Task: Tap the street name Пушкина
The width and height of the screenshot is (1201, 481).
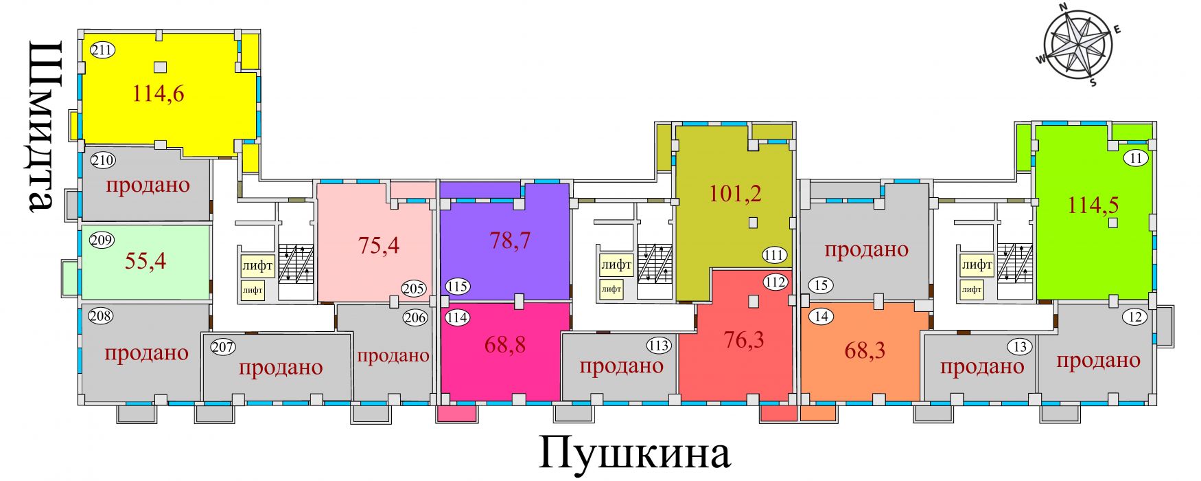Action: click(x=634, y=453)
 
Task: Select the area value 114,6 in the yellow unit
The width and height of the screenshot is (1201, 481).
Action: click(x=158, y=93)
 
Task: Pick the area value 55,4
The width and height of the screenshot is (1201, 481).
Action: click(x=145, y=261)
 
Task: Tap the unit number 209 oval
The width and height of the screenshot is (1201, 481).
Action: click(x=102, y=240)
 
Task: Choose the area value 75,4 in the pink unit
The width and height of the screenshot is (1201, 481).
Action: click(x=379, y=245)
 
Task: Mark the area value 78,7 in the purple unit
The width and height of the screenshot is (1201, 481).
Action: click(x=510, y=240)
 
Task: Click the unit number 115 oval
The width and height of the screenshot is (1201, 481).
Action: click(x=457, y=287)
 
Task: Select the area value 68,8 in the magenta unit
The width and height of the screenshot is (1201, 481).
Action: click(x=505, y=344)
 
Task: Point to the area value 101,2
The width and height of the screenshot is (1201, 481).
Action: click(x=735, y=193)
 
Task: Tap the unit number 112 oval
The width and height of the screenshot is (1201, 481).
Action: click(x=775, y=282)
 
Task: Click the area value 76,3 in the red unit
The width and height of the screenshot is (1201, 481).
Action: click(x=744, y=339)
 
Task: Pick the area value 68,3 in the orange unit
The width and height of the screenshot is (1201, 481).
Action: click(x=865, y=350)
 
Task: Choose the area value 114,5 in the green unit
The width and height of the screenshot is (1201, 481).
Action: click(x=1093, y=204)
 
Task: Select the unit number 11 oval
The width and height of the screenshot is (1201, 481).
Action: click(x=1136, y=158)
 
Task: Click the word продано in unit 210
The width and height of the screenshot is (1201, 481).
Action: click(x=148, y=185)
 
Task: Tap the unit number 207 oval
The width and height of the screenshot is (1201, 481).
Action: click(x=223, y=347)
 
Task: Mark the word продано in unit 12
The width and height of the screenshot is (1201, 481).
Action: click(x=1098, y=360)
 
